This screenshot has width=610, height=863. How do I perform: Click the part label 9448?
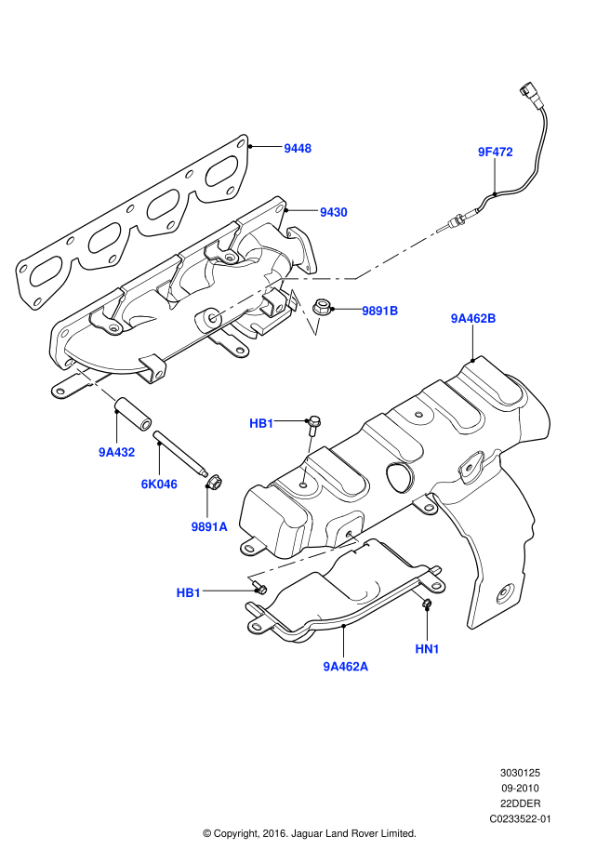point(298,148)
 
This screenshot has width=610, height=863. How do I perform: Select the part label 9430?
point(333,212)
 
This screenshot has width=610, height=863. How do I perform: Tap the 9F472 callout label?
point(496,151)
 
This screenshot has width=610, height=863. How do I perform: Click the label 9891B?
point(380,311)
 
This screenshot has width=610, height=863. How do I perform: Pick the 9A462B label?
point(473,319)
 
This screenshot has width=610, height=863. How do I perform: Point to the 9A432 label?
point(117,453)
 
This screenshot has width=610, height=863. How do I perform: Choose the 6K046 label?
point(159,484)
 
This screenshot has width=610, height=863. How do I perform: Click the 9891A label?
point(209,526)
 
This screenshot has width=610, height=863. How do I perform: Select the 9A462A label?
point(346,666)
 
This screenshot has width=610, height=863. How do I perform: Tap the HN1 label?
point(428,648)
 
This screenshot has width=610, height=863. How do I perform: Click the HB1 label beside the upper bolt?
point(261,424)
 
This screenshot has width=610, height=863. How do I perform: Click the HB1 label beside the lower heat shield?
point(189,592)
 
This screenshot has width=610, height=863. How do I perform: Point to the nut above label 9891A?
point(213,482)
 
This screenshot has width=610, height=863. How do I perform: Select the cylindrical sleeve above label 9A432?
point(131,413)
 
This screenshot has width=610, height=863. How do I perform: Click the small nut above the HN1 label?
point(428,606)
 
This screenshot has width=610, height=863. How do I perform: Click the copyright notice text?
point(309,833)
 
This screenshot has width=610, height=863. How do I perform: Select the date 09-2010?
point(519,788)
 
